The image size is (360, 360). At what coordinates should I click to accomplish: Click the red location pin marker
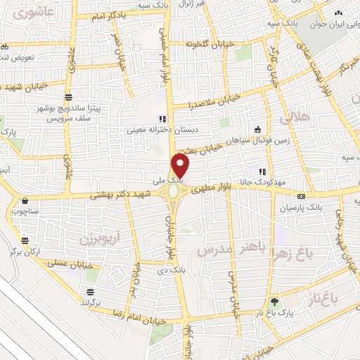click(181, 165)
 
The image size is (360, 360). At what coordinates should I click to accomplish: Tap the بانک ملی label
click(191, 181)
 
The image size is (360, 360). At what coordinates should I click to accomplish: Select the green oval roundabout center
click(174, 192)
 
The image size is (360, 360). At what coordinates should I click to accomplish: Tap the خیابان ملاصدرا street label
click(214, 101)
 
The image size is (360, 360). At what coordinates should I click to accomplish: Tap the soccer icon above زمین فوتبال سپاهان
click(258, 129)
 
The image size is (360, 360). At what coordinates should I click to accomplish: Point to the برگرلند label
click(91, 302)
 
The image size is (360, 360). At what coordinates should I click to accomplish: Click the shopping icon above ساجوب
click(26, 200)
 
